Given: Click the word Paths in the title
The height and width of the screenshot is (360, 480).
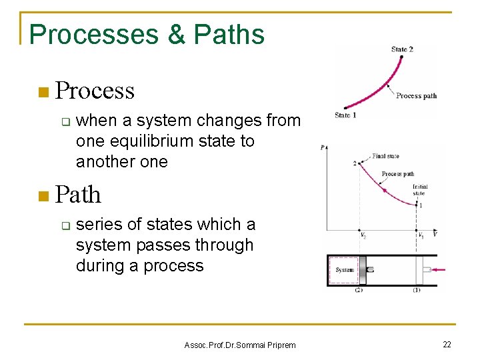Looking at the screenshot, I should tap(229, 35).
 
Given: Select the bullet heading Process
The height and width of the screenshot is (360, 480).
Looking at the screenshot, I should tap(95, 91).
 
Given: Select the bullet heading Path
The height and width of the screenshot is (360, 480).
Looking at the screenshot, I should tap(79, 195).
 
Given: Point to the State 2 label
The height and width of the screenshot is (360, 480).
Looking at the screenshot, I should tap(402, 49).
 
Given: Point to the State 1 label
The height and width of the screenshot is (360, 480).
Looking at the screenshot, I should tap(345, 115).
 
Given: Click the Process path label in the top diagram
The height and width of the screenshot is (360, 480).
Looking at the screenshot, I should tap(416, 96).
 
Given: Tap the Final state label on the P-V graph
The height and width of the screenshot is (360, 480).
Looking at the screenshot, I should tap(386, 156).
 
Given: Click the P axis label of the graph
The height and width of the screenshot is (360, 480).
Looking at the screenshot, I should tap(323, 148).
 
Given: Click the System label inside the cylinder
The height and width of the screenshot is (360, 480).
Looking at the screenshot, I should tap(345, 270).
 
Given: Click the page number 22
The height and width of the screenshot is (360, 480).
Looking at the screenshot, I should tap(447, 344).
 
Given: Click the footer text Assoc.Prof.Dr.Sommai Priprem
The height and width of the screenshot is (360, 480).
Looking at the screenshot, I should tap(239, 345).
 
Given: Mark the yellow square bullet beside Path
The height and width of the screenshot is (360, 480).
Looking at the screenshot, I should tap(44, 195).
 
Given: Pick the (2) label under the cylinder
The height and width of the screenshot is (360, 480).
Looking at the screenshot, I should tap(359, 290).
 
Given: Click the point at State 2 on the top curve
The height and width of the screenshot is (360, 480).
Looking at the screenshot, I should tap(401, 58).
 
